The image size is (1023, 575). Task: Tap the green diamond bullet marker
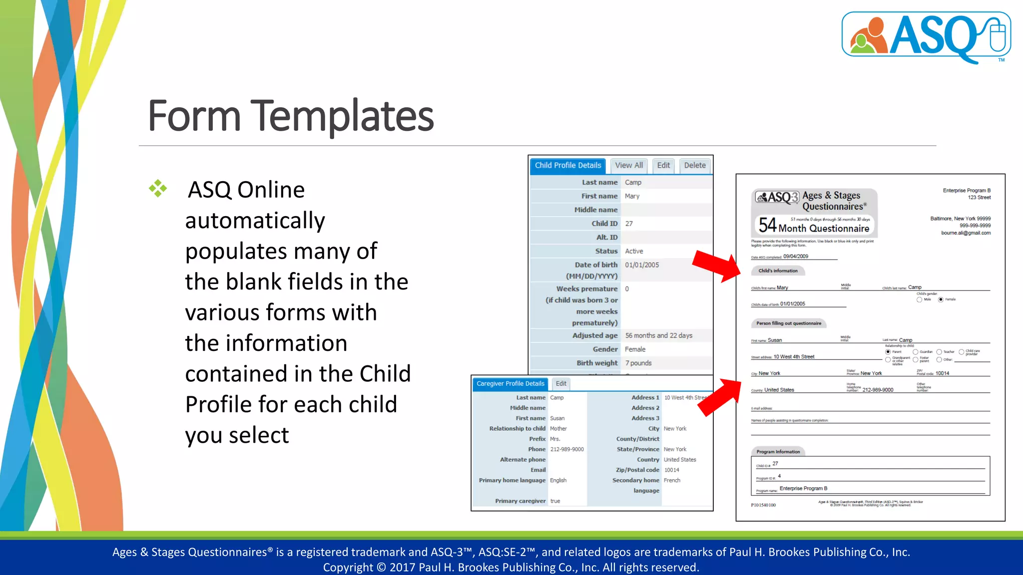(158, 189)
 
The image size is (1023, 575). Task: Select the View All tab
(629, 165)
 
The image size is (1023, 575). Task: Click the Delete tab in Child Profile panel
(695, 165)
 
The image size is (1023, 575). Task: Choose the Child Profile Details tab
(568, 165)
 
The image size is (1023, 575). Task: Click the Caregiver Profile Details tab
(510, 383)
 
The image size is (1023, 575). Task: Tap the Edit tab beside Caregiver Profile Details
(561, 383)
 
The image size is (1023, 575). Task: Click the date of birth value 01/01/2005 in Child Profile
(642, 265)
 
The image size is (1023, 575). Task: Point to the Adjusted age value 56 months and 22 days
(658, 335)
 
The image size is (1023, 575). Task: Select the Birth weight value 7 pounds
(638, 363)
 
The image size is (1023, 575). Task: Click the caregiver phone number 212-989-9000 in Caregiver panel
(567, 449)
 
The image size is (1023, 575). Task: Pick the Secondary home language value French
(672, 480)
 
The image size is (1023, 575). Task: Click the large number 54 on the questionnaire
(767, 225)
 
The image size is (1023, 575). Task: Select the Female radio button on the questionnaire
(941, 299)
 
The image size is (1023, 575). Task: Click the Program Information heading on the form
(778, 452)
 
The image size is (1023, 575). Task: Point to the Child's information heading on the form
(778, 271)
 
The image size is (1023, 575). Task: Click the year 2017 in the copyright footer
(402, 568)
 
